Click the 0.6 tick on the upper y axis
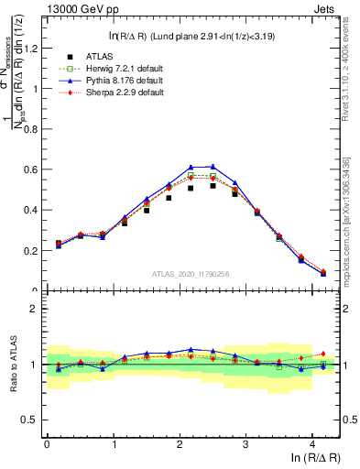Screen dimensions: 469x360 coord(29,169)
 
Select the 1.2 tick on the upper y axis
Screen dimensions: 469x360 coord(29,49)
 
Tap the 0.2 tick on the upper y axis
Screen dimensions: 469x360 coord(29,250)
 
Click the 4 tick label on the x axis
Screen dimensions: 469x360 coord(312,445)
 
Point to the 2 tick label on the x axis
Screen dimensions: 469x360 coord(180,445)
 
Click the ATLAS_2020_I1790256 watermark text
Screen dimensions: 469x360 coord(191,273)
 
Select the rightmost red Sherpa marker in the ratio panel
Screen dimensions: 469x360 coord(323,354)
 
